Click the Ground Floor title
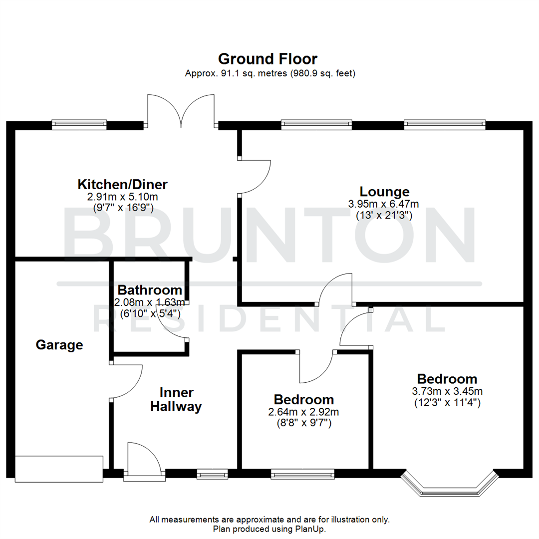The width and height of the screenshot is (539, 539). click(268, 59)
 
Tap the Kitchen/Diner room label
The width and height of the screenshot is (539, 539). click(122, 184)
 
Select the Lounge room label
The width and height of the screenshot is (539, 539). click(384, 192)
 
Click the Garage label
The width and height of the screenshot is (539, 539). click(59, 345)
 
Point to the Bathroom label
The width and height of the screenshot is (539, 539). click(149, 290)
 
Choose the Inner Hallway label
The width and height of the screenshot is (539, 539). click(176, 399)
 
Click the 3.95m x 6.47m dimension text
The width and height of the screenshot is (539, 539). click(383, 204)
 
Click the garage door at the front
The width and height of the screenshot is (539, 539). click(59, 469)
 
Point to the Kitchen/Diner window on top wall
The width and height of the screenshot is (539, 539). click(79, 124)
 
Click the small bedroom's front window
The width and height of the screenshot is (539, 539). click(302, 474)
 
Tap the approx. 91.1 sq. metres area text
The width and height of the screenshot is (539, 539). click(269, 73)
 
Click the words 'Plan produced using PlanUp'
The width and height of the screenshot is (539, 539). click(269, 528)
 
